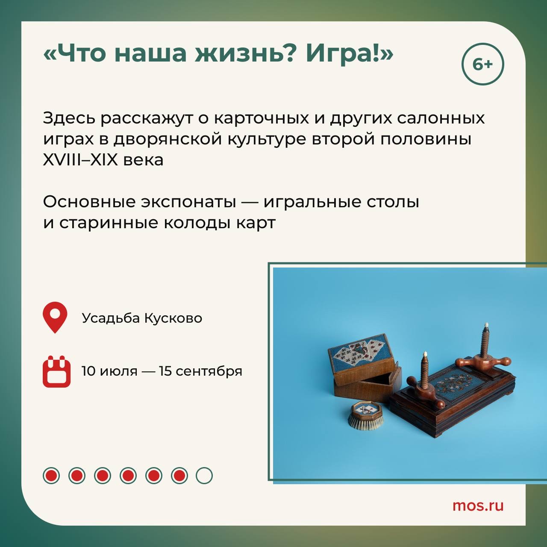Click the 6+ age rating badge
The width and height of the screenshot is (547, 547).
pyautogui.click(x=483, y=64)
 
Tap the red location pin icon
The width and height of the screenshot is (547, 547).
pyautogui.click(x=55, y=318)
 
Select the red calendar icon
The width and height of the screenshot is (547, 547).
pyautogui.click(x=56, y=371)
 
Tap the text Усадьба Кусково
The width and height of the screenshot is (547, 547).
pyautogui.click(x=142, y=318)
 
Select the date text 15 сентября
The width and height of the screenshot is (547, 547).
pyautogui.click(x=200, y=371)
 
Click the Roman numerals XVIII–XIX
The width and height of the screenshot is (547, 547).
pyautogui.click(x=80, y=160)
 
